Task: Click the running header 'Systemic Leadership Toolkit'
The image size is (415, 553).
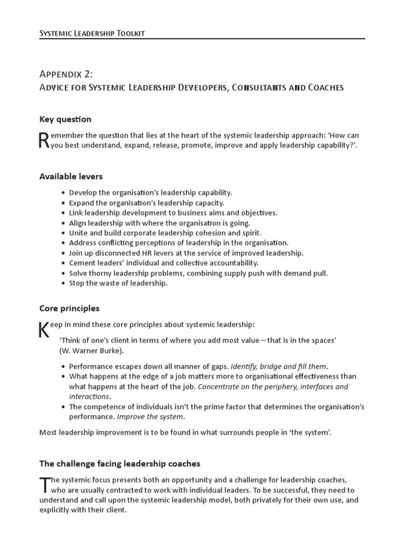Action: (x=92, y=33)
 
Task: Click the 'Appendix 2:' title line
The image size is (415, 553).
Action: (x=70, y=73)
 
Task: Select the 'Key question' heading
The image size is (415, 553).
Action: (x=65, y=119)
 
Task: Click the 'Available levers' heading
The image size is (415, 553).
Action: (x=71, y=177)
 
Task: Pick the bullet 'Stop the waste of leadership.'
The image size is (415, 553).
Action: (x=118, y=283)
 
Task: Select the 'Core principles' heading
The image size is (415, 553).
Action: (x=69, y=308)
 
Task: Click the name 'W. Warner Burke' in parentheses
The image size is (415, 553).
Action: (x=91, y=350)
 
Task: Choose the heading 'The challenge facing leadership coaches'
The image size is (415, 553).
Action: (x=119, y=463)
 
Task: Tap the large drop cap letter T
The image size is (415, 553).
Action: (x=44, y=485)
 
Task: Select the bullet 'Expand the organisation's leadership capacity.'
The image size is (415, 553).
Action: (x=146, y=203)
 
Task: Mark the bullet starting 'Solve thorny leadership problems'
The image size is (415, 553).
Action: (x=198, y=273)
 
